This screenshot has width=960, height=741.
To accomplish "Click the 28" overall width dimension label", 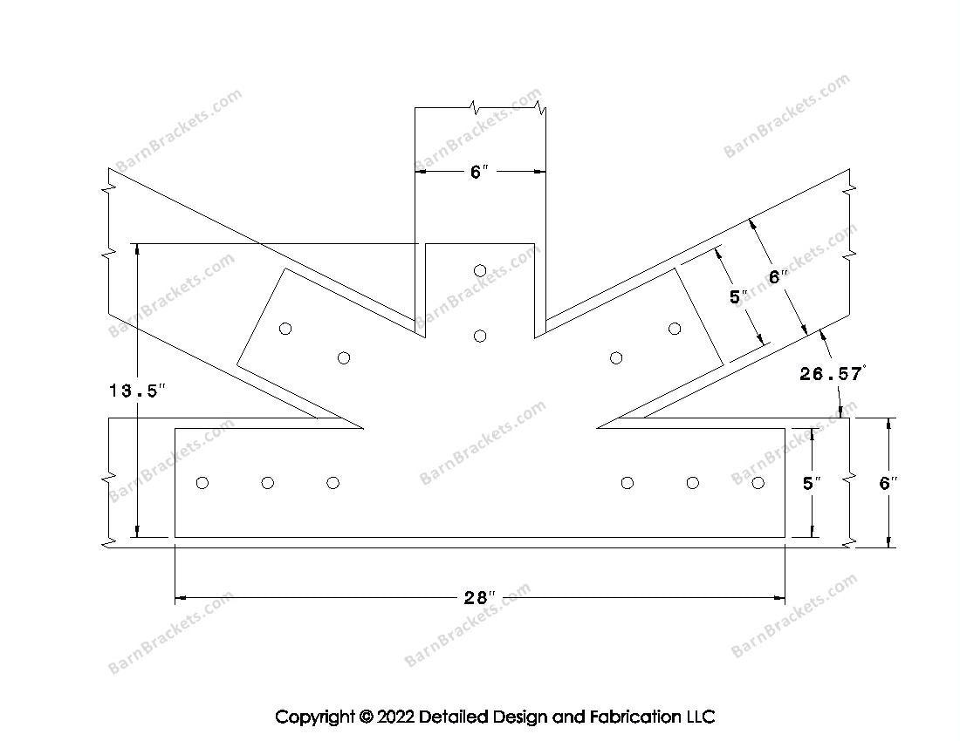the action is (479, 597).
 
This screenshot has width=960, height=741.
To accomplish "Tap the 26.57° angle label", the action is (833, 374).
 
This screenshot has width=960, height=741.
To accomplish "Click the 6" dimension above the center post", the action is (479, 172).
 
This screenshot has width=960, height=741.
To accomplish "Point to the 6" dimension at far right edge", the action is (888, 483).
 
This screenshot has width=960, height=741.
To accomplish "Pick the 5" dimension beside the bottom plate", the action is (812, 483).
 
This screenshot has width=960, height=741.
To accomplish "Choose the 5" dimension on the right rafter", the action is (738, 296).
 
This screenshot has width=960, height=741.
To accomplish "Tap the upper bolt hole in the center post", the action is (480, 271).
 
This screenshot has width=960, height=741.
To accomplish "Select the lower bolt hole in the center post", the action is (480, 336).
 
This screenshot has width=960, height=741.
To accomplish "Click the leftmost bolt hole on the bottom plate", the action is (202, 483).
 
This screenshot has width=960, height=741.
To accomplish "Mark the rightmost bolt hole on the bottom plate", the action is (758, 483).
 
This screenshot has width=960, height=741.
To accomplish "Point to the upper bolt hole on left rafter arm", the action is (285, 329).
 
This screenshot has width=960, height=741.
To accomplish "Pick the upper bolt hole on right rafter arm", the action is (675, 329).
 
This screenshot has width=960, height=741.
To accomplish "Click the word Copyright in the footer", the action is (315, 717).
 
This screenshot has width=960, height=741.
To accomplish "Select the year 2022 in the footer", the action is (394, 717).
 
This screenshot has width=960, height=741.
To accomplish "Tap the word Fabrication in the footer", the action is (634, 717).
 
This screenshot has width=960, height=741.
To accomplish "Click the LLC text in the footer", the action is (701, 717).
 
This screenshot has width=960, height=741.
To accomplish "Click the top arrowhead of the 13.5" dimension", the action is (138, 249).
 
